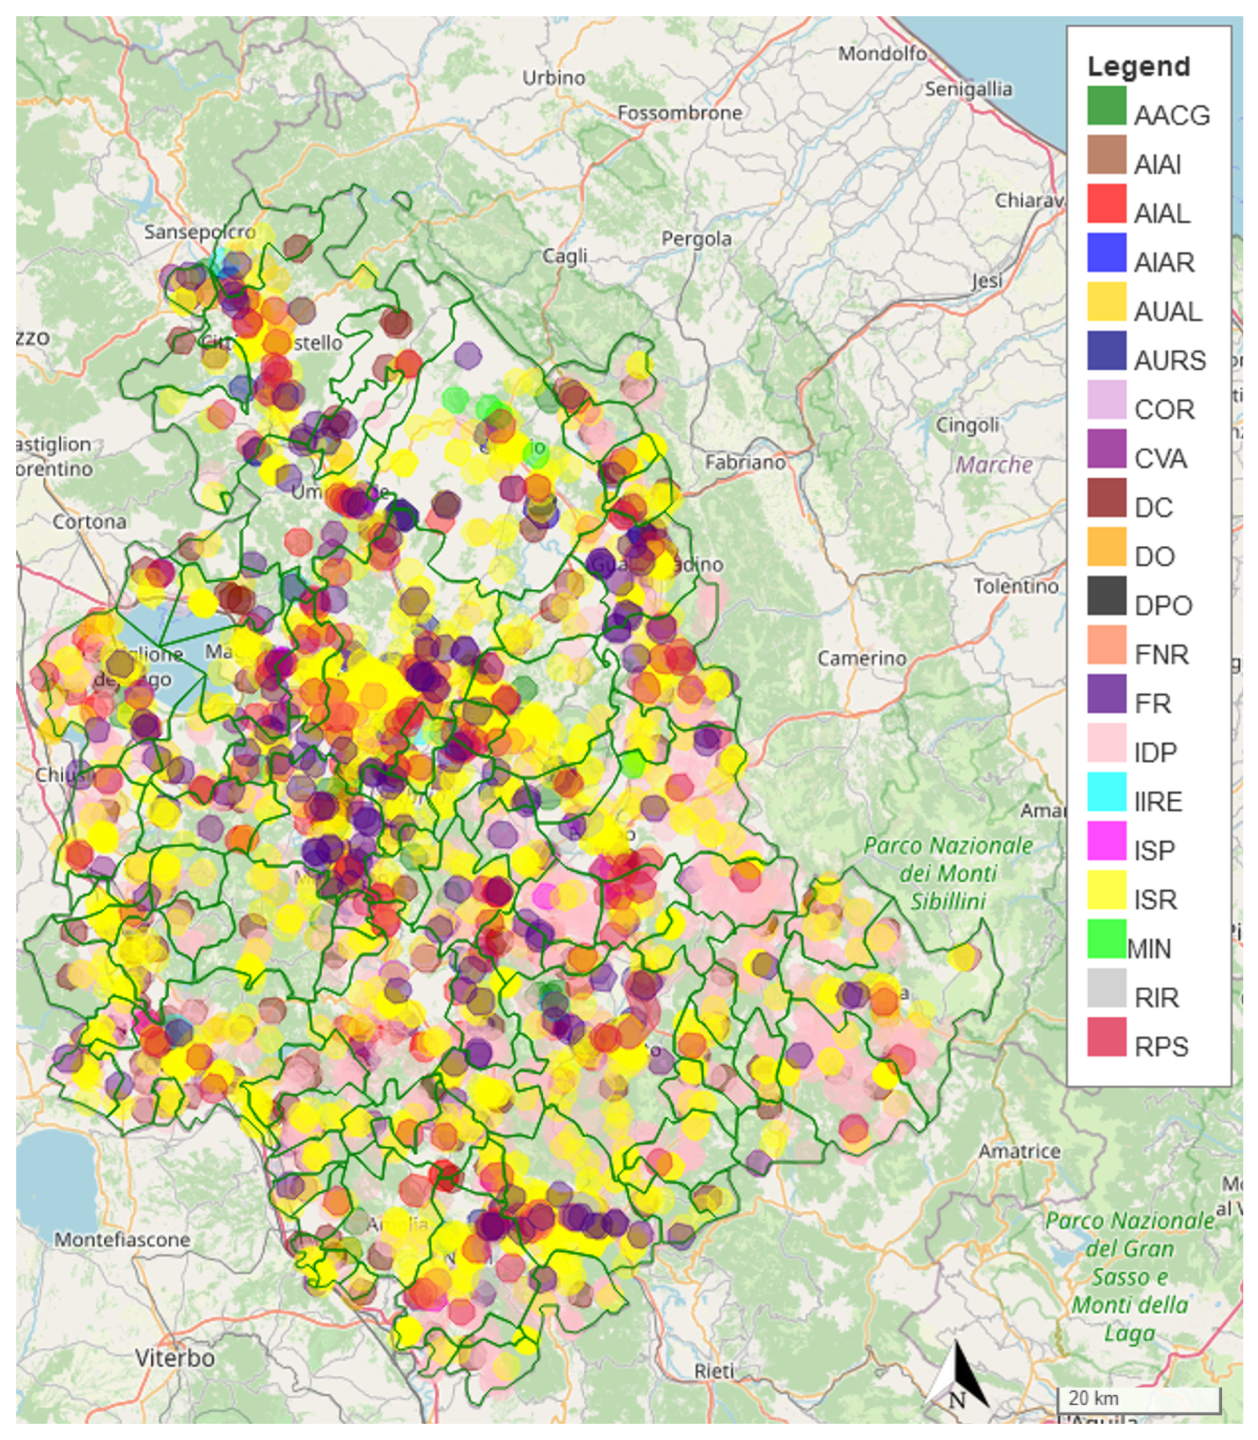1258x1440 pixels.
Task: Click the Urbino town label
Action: pos(553,77)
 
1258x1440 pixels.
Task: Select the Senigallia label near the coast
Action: pos(967,89)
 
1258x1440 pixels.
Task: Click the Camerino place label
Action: pos(861,658)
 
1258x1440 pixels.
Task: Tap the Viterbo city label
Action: pos(174,1358)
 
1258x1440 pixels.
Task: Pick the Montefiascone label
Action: pos(122,1239)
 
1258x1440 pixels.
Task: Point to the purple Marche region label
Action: pos(994,465)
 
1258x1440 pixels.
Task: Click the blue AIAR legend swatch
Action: pos(1106,252)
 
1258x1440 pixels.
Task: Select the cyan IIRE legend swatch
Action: pos(1106,791)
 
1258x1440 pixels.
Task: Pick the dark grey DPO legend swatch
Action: pos(1106,595)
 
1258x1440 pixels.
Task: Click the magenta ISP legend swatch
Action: pos(1106,840)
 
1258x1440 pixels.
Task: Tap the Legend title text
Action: pos(1138,66)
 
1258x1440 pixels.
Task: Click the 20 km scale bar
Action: pos(1138,1399)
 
